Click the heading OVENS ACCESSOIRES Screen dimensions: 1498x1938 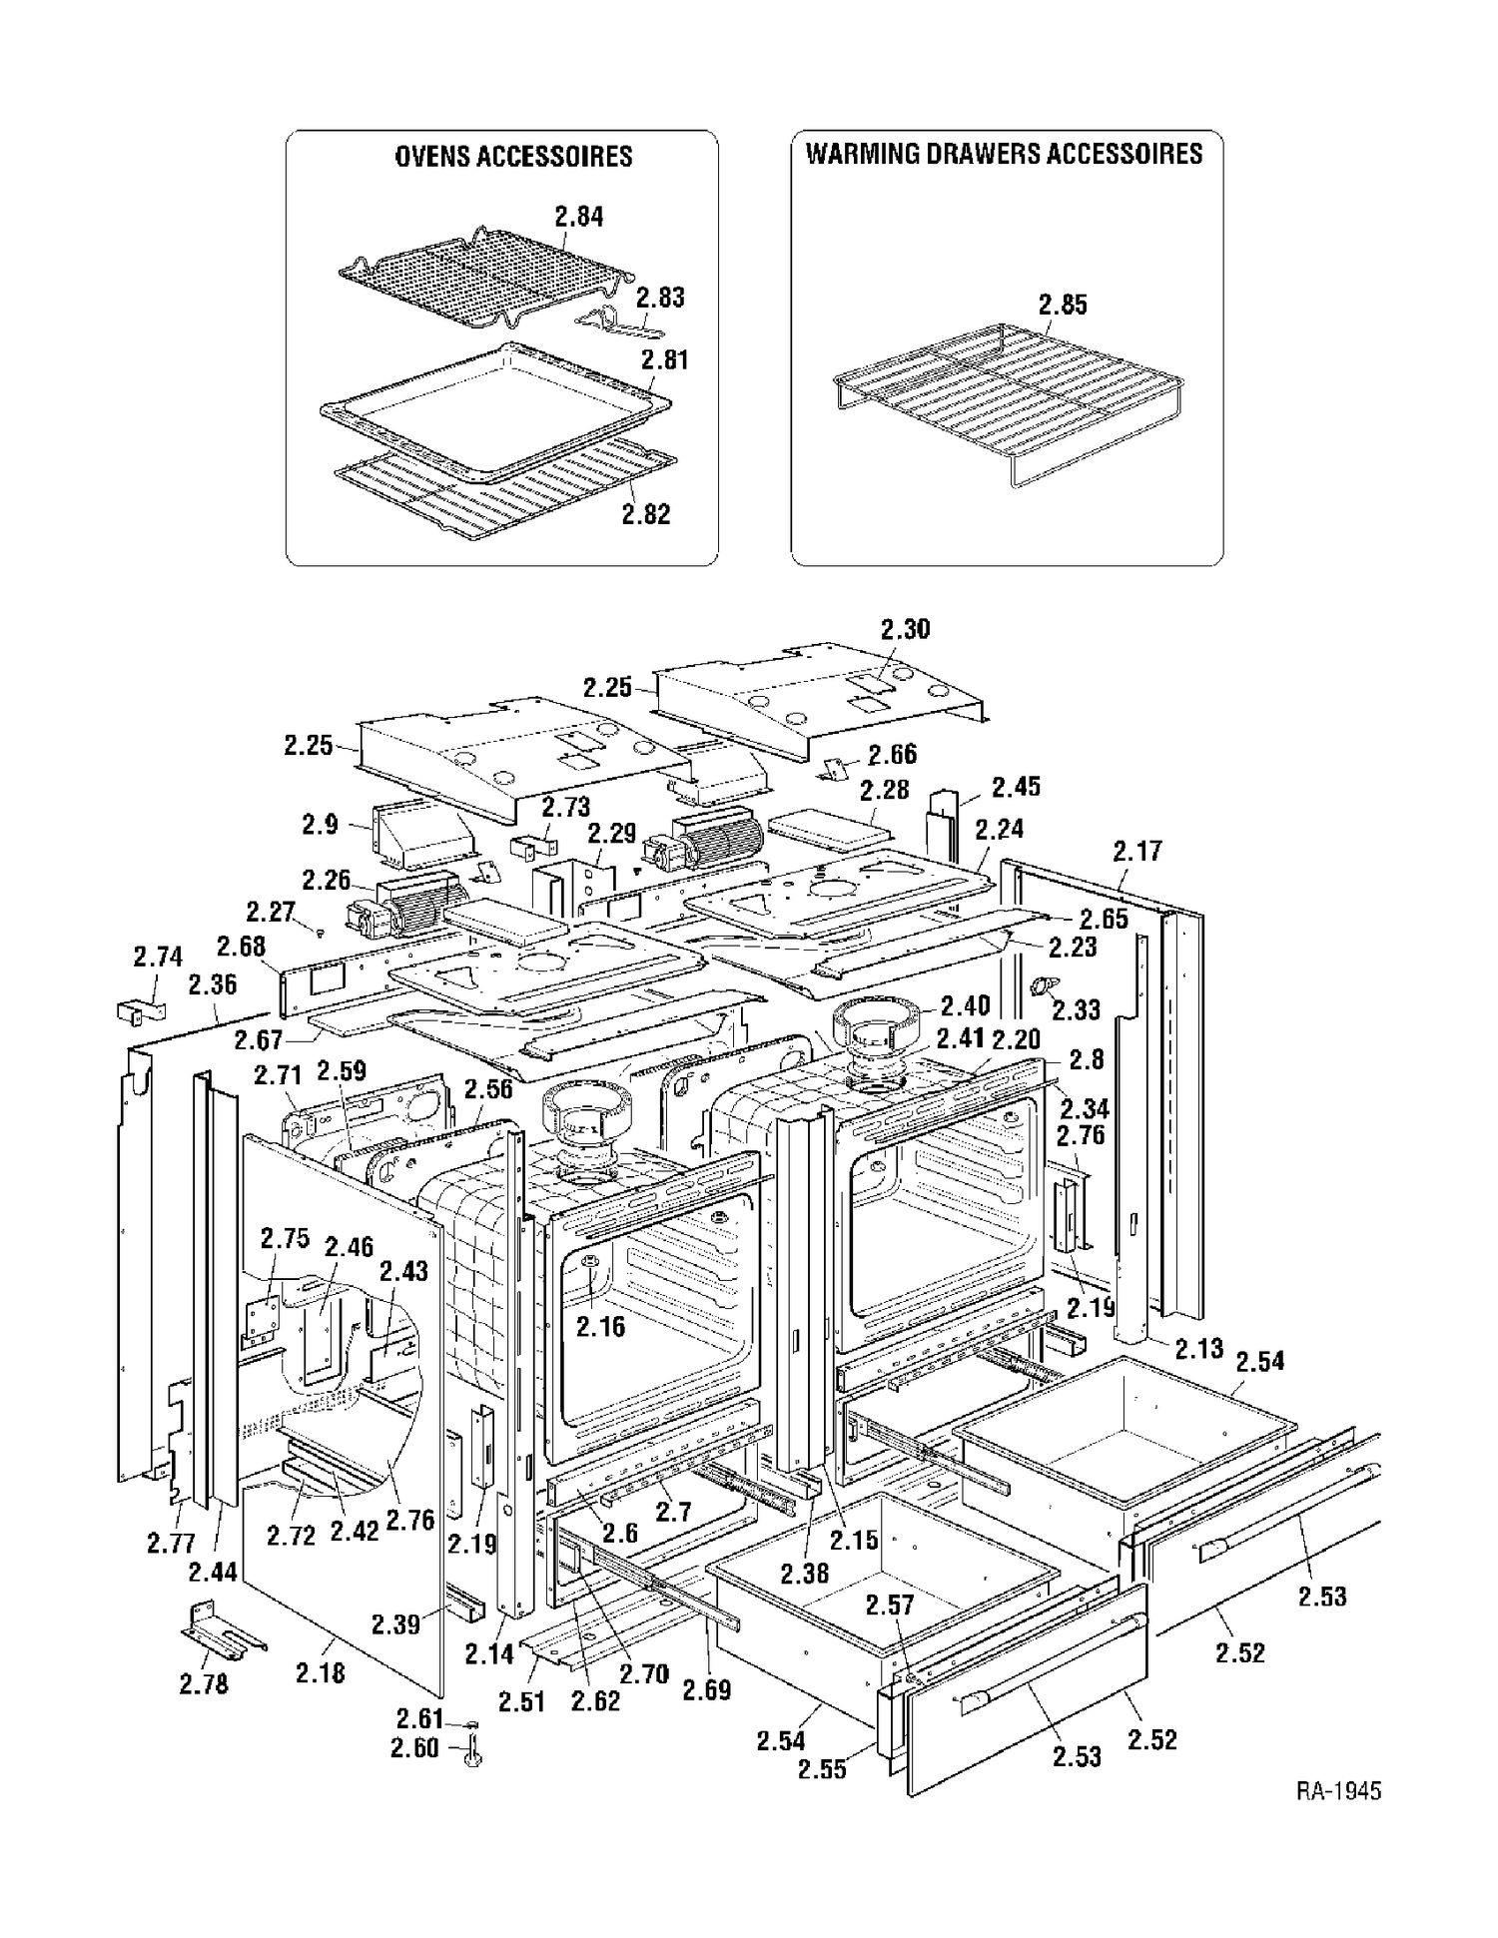click(513, 157)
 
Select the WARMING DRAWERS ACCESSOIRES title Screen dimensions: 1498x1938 click(1005, 154)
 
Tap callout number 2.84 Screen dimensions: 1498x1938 click(579, 216)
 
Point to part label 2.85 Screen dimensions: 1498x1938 click(1063, 305)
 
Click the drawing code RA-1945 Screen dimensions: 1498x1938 click(1338, 1790)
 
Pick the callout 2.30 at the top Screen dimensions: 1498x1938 click(905, 629)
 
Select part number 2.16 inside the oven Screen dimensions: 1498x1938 click(600, 1325)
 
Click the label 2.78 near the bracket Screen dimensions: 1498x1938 click(204, 1683)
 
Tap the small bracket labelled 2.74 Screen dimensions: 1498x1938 click(136, 1010)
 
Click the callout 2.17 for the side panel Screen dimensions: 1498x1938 click(1137, 851)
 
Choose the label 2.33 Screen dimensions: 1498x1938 click(1076, 1009)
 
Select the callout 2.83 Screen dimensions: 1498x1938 click(660, 297)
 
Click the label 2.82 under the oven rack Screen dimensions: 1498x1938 click(645, 513)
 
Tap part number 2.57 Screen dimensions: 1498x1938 click(890, 1606)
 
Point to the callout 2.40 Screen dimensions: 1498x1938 click(964, 1005)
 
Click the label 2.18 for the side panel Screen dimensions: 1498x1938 click(321, 1672)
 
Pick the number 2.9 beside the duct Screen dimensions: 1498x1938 click(320, 825)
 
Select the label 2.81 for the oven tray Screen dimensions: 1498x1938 click(664, 358)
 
